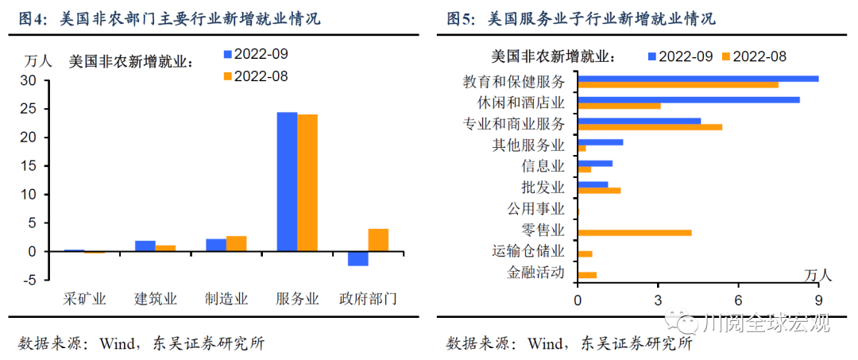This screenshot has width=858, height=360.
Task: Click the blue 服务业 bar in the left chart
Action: coord(287,181)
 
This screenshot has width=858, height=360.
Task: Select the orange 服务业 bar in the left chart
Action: coord(307,183)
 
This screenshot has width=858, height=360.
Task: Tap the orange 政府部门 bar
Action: coord(378,240)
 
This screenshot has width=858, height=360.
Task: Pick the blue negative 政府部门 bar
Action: coord(357,258)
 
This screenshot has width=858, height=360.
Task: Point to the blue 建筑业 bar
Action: coord(145,246)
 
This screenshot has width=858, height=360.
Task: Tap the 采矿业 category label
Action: coord(84,300)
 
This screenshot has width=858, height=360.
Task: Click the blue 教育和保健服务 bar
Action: coord(698,78)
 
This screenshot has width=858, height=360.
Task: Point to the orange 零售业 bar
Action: coord(634,233)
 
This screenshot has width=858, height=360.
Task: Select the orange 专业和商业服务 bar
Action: coord(650,127)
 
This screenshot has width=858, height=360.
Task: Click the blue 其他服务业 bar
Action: coord(600,142)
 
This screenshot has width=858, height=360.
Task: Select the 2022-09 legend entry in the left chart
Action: coord(254,54)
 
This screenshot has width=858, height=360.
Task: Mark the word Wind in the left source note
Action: coord(119,343)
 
